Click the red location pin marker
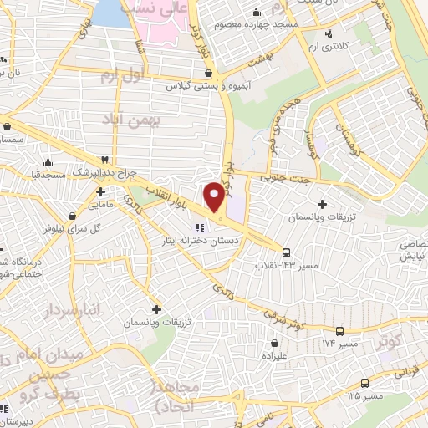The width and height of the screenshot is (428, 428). (215, 196)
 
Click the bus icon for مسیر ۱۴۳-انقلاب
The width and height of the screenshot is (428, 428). (287, 252)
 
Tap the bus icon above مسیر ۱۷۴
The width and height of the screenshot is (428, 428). (339, 331)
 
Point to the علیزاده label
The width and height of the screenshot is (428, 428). (275, 354)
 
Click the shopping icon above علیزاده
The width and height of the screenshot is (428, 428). (274, 341)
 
